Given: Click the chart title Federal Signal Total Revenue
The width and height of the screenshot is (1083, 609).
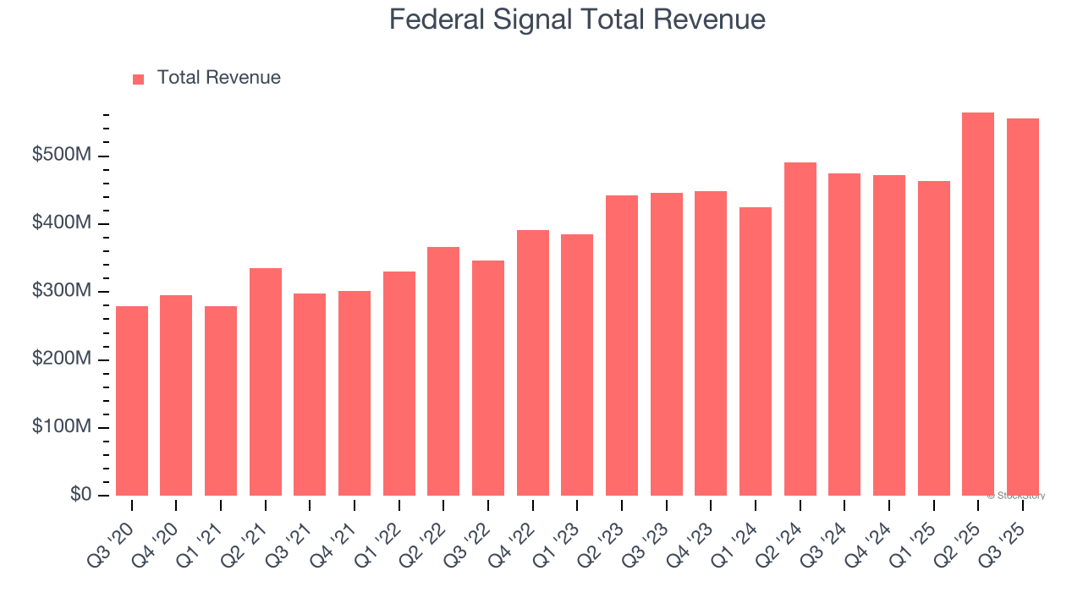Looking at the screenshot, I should [x=577, y=19].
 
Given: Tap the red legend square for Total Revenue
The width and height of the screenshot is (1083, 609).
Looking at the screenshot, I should [x=139, y=79].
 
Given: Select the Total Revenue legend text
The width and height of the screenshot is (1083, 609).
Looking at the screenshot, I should [x=218, y=78].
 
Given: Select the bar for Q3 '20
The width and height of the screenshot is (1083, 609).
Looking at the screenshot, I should [x=132, y=401].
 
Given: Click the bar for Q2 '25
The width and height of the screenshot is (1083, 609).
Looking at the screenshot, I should [x=978, y=304].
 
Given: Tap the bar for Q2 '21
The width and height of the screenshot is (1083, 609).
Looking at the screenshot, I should [x=266, y=382].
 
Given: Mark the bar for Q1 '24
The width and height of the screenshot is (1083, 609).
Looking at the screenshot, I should [x=756, y=352].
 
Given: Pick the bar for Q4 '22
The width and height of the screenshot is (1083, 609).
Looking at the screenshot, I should [x=533, y=363].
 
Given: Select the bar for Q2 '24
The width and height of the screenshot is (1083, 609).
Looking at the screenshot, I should [x=800, y=329].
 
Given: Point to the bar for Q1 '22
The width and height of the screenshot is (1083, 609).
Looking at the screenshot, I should [x=399, y=384].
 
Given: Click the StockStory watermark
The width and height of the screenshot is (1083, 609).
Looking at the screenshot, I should [x=1015, y=496].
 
